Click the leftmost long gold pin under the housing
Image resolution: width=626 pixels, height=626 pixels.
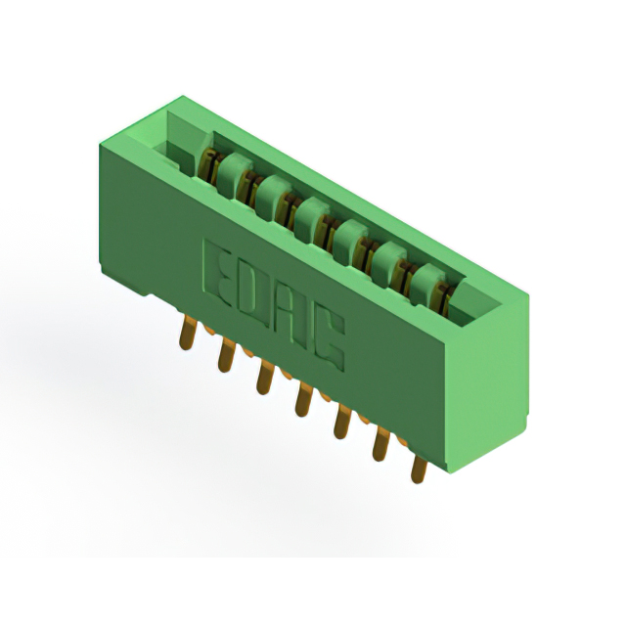187,333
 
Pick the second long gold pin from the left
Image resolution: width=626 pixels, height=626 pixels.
226,354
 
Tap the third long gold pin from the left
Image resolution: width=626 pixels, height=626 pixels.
264,377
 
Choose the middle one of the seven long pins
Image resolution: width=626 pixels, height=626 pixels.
303,399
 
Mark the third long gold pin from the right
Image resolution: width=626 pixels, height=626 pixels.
342,422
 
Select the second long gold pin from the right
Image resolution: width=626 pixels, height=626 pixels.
380,443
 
